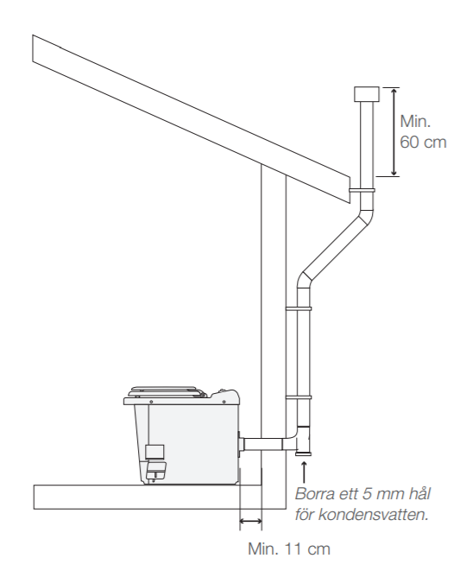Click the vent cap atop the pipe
[367, 94]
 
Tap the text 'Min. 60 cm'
[423, 131]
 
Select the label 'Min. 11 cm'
[289, 549]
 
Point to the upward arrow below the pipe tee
[305, 473]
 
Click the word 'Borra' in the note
[316, 494]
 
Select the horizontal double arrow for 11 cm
[250, 522]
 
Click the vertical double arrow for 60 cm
[393, 132]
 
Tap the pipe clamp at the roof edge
[362, 190]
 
